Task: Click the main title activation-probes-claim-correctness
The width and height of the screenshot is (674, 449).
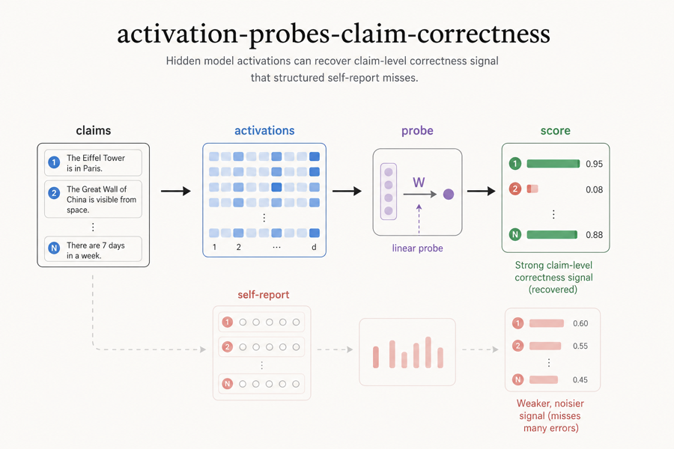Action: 333,34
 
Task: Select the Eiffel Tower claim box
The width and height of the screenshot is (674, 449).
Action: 93,162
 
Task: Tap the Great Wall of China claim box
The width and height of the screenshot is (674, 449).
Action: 93,199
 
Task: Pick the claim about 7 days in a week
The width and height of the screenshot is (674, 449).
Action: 93,250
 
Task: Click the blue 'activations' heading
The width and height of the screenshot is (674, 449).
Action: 264,130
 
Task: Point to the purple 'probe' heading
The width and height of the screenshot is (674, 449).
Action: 417,130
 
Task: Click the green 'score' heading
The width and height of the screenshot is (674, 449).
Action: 555,130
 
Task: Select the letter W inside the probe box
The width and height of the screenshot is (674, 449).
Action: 419,182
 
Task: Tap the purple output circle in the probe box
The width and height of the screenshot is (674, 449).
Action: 449,195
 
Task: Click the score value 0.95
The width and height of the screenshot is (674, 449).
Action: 594,164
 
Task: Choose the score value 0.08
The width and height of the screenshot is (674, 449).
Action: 594,189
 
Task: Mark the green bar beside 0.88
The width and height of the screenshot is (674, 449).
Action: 552,235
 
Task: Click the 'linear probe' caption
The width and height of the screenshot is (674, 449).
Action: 417,248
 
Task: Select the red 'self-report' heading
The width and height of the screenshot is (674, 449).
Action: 263,295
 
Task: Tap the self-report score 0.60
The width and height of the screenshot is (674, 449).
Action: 580,323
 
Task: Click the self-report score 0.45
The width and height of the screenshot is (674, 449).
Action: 580,379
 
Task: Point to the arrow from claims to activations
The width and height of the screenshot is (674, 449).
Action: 176,192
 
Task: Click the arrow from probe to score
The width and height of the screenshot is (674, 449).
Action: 482,192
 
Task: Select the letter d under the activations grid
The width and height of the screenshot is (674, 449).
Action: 314,246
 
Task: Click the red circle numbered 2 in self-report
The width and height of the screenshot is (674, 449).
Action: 228,346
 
